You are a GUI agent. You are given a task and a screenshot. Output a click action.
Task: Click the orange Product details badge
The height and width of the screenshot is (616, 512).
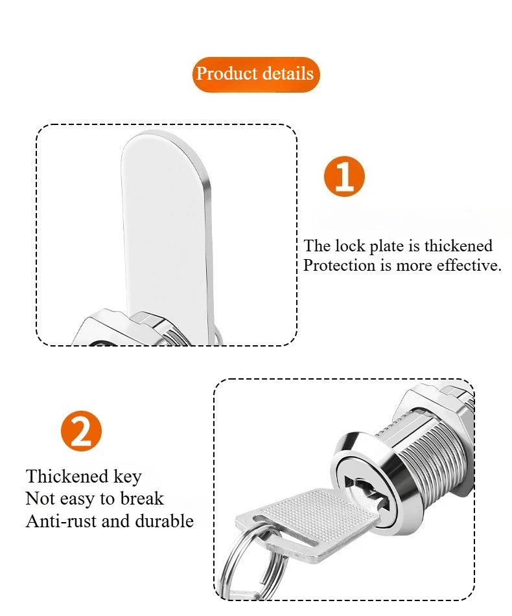point(255,74)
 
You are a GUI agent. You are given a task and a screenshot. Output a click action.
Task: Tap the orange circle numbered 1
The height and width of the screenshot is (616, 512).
point(343,176)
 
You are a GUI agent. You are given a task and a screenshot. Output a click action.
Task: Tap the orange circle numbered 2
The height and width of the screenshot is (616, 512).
point(81,431)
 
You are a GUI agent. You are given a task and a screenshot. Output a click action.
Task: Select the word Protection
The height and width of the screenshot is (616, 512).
point(340,266)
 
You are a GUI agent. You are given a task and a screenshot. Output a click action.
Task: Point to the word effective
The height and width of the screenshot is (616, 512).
point(469,266)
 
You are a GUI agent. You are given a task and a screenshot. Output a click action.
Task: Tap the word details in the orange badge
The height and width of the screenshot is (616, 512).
point(287,74)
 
